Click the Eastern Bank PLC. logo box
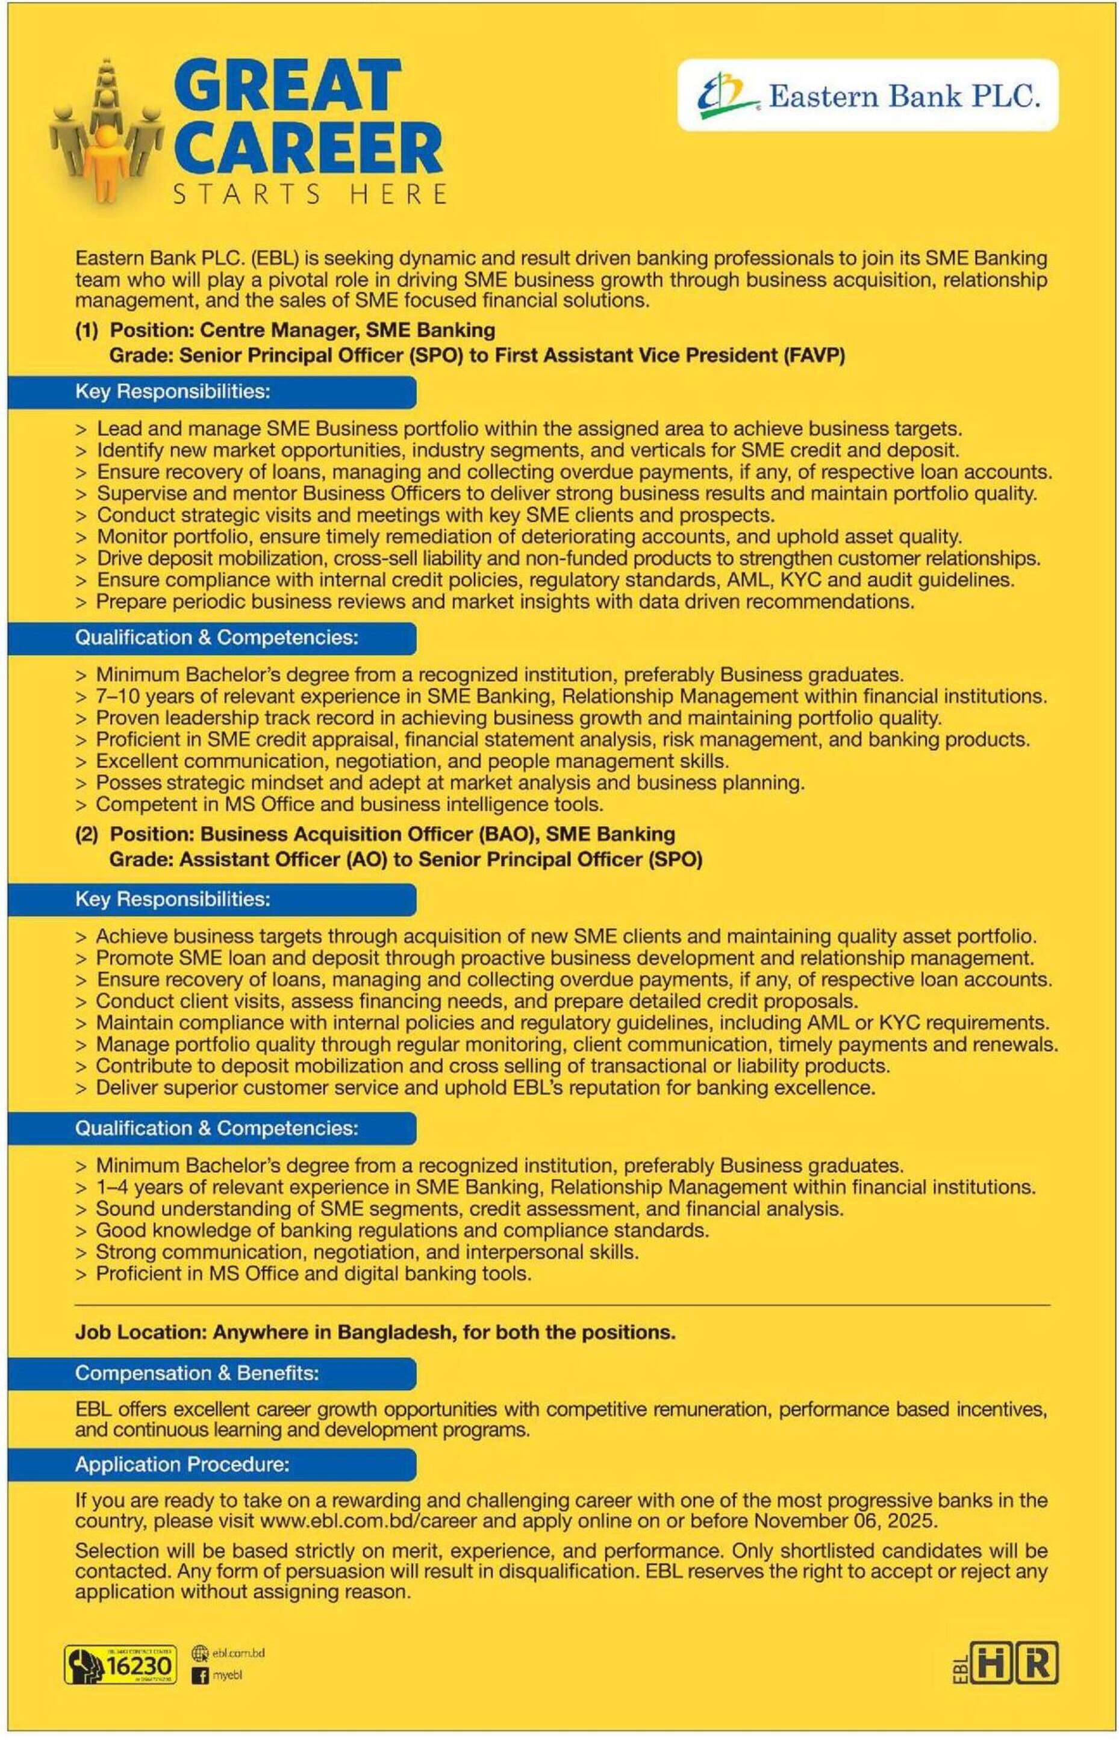coord(868,95)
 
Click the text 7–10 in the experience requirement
coord(116,697)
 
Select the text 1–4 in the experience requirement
coord(112,1187)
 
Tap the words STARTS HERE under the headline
coord(308,194)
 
